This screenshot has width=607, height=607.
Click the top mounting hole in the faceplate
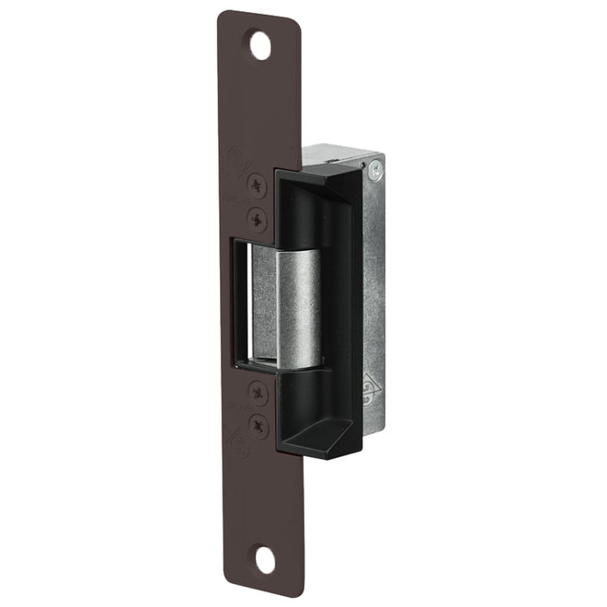(x=262, y=44)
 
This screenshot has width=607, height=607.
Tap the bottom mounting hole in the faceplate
(x=264, y=559)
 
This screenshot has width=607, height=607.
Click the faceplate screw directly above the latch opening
(x=258, y=219)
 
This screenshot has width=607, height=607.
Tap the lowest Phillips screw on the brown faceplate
(x=260, y=426)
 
